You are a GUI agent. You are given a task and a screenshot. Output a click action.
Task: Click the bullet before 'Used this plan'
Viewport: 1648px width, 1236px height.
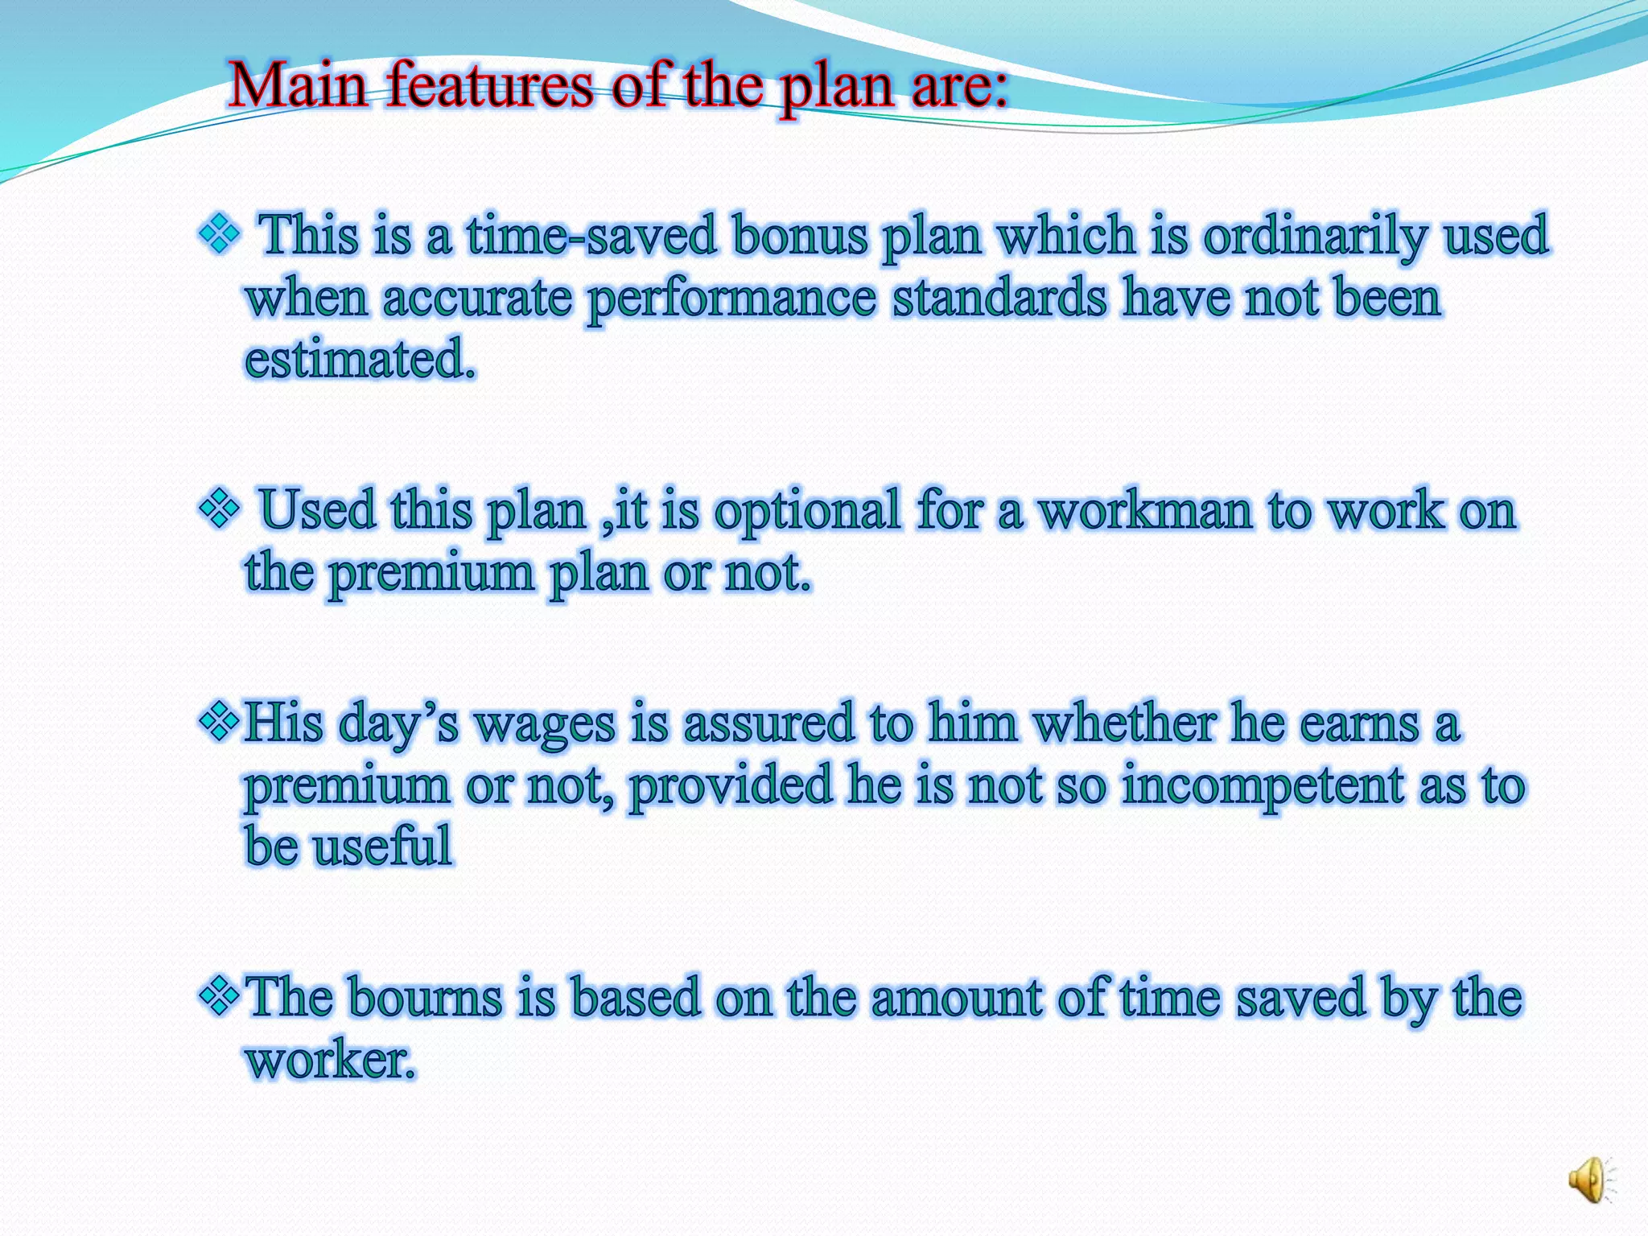[219, 509]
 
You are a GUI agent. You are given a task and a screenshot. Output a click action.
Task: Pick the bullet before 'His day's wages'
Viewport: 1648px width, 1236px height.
[219, 720]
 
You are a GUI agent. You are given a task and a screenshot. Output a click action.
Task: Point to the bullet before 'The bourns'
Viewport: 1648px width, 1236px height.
[219, 996]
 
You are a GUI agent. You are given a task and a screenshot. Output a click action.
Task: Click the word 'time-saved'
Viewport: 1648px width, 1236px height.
[591, 236]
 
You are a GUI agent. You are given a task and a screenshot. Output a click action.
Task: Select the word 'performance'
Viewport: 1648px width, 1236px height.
[731, 299]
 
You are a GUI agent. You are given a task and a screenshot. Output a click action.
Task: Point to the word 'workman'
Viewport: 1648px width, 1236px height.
[1144, 510]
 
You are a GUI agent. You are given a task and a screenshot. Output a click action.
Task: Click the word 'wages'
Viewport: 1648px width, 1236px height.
[544, 723]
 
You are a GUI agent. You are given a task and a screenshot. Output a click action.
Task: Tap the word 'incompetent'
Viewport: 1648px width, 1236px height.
[1262, 785]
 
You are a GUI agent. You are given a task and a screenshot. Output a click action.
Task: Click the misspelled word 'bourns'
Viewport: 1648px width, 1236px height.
[426, 998]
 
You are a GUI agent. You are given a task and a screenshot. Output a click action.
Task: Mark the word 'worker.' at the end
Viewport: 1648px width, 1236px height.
[331, 1060]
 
